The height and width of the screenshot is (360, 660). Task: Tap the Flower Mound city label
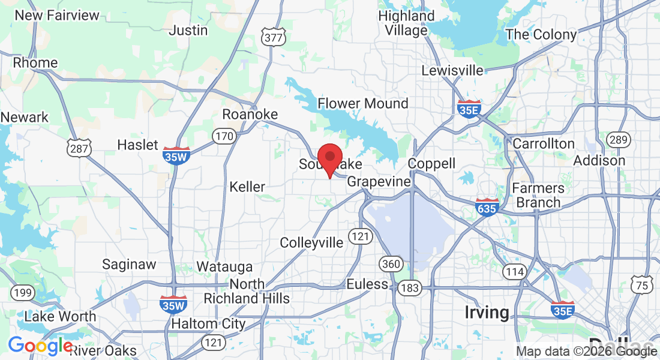[x=362, y=103]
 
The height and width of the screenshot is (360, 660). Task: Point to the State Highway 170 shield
[x=224, y=136]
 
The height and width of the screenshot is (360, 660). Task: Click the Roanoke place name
[x=250, y=114]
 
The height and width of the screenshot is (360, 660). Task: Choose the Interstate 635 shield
[x=486, y=207]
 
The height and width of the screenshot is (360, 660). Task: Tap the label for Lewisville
[x=452, y=70]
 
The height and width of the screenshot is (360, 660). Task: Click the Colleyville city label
[x=311, y=242]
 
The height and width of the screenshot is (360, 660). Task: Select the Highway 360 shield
[x=390, y=263]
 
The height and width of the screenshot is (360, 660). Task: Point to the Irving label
[x=487, y=312]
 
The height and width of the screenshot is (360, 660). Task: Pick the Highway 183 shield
[x=410, y=288]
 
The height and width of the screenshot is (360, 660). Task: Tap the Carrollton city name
[x=543, y=143]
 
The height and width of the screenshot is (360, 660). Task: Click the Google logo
[x=40, y=346]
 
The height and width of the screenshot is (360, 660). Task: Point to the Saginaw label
[x=129, y=264]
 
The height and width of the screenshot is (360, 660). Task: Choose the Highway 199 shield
[x=22, y=293]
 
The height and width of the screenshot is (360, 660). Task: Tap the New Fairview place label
[x=57, y=15]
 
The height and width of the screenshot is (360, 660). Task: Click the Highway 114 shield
[x=515, y=272]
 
